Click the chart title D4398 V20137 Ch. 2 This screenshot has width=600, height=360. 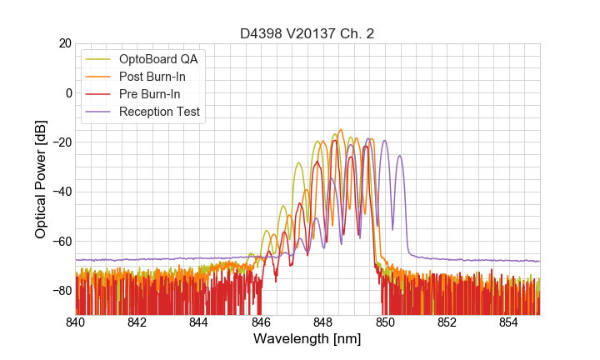click(307, 33)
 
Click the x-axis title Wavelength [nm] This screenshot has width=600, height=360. click(307, 340)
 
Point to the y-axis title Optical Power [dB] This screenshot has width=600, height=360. click(41, 178)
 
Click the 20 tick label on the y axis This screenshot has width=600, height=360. click(63, 43)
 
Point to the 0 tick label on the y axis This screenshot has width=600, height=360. click(67, 92)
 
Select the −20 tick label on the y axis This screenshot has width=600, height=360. click(60, 142)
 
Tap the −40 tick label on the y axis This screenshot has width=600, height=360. click(60, 192)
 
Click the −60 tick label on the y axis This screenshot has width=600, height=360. click(60, 241)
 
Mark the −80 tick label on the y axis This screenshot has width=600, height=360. click(60, 291)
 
